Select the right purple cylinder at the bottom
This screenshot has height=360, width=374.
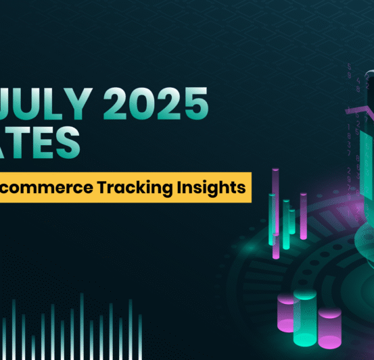(329, 329)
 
